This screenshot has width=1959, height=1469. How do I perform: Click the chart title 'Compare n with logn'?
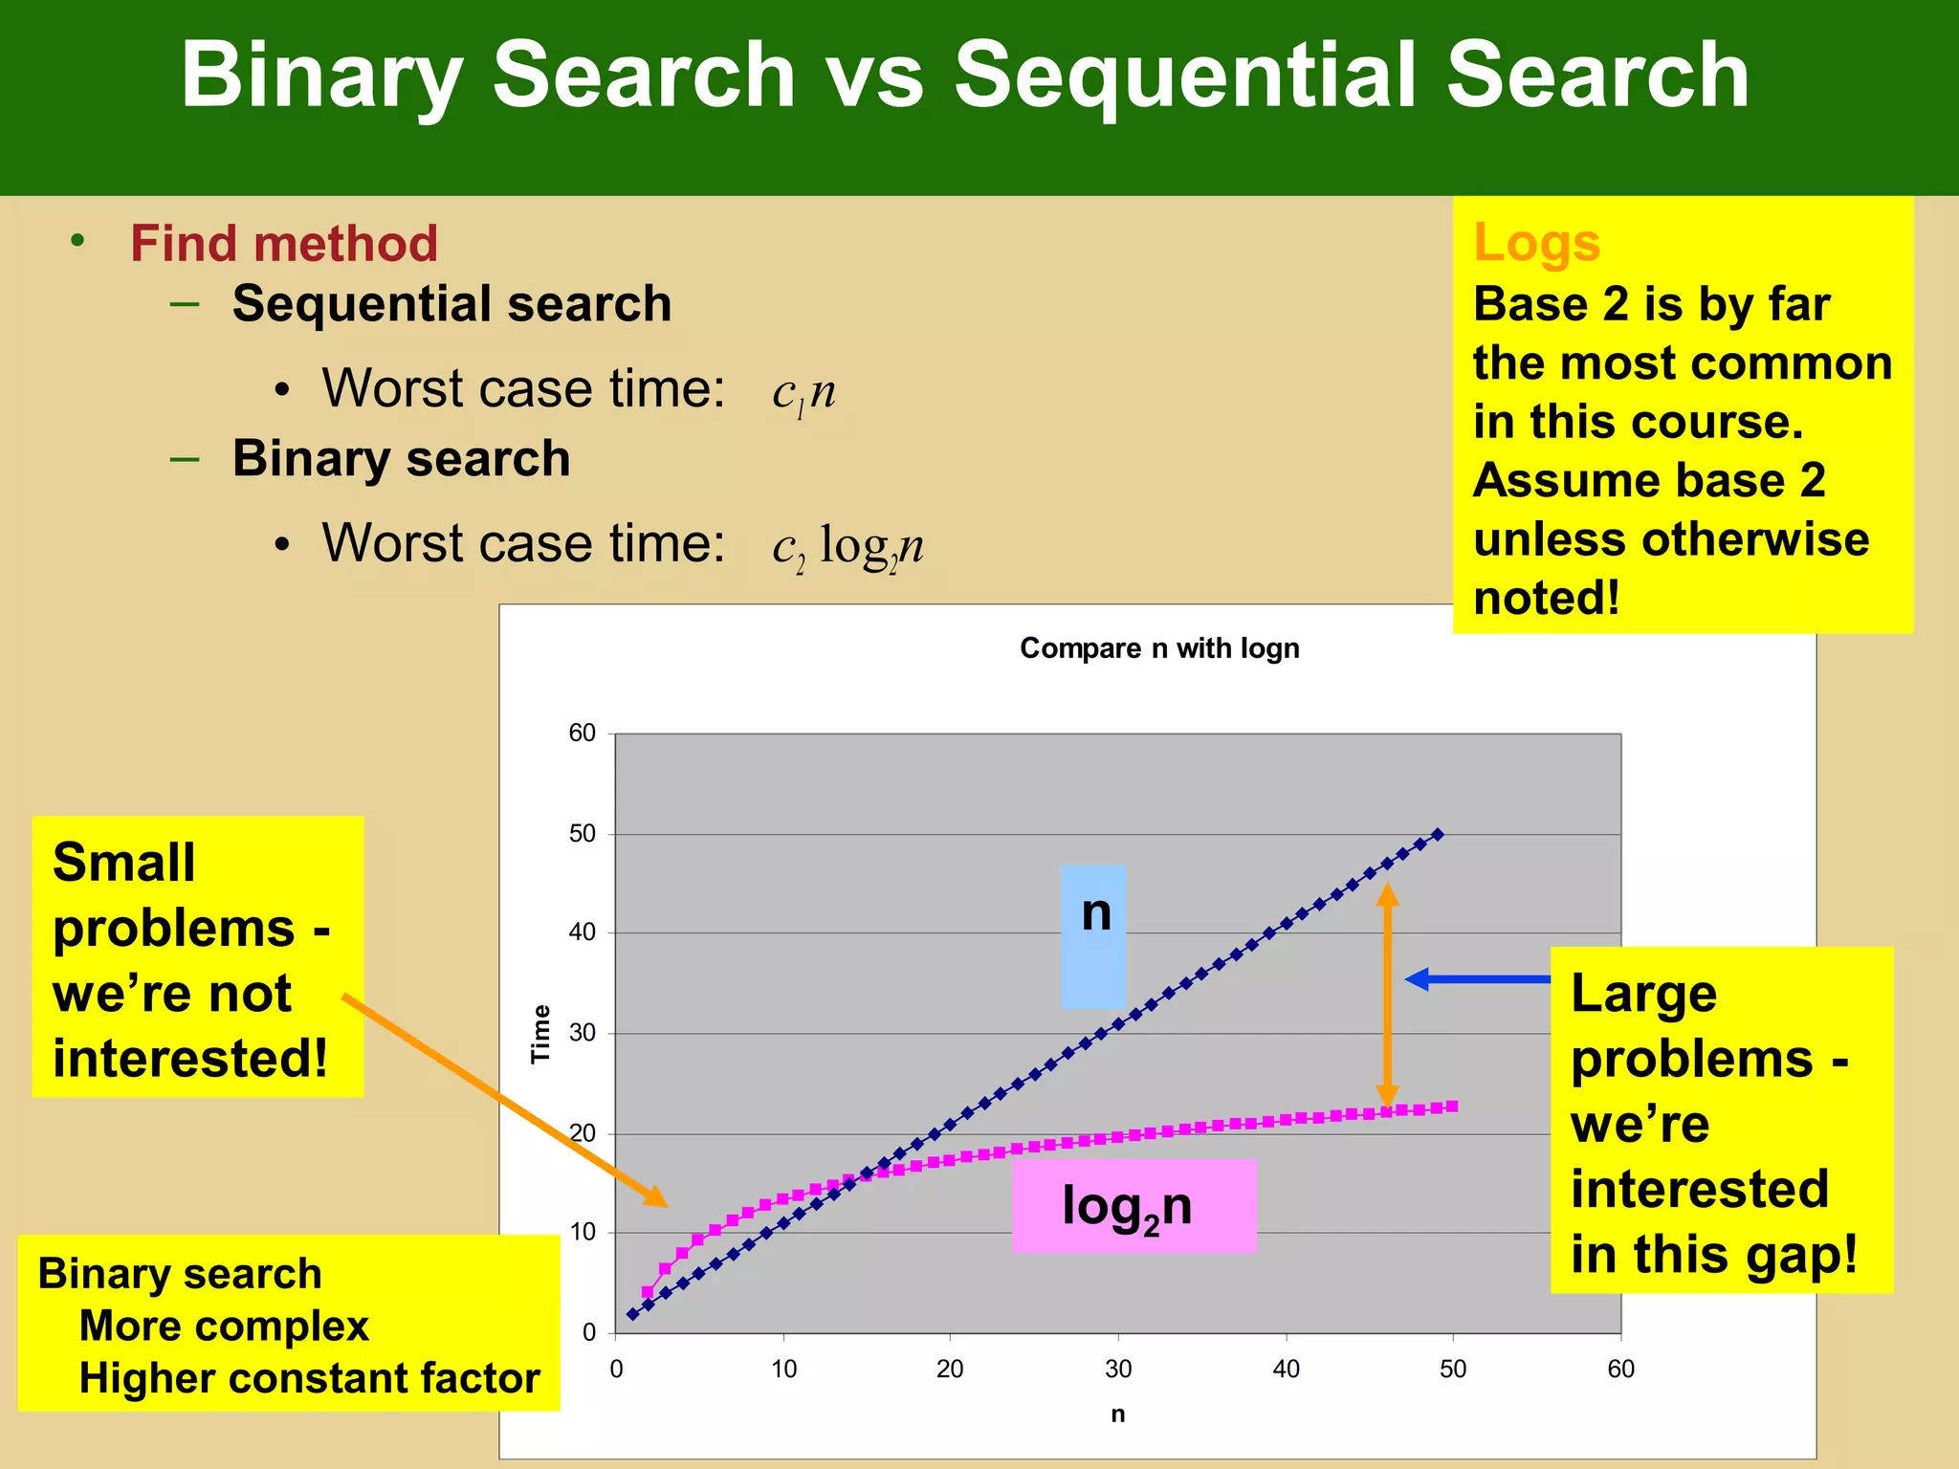(1159, 648)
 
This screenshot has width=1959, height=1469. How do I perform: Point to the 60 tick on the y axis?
(583, 734)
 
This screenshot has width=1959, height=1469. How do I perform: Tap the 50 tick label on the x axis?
(1452, 1370)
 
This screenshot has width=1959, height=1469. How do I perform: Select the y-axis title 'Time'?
(541, 1033)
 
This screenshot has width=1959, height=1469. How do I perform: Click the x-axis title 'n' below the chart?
(1117, 1414)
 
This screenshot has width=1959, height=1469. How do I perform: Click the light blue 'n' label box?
(1093, 936)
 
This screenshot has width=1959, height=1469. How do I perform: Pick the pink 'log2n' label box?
(1134, 1206)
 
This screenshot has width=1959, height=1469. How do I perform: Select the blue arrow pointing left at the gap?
(1478, 978)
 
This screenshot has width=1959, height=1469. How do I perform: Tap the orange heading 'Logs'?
(1536, 242)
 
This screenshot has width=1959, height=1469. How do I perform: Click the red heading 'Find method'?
(284, 243)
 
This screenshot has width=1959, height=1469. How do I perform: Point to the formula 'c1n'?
(803, 392)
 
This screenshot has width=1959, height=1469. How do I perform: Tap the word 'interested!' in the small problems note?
(190, 1059)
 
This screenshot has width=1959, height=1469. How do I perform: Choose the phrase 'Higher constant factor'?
(309, 1378)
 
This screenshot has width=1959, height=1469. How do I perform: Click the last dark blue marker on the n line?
(1438, 835)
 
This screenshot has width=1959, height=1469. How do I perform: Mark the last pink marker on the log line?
(1452, 1107)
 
